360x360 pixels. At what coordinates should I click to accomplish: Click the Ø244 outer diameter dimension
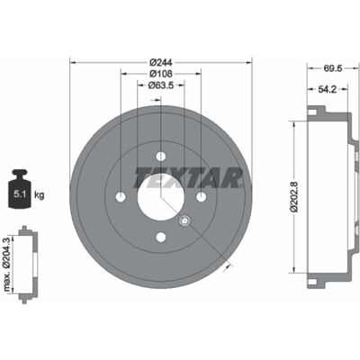[160, 62]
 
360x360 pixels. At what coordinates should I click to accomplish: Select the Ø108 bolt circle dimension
[160, 74]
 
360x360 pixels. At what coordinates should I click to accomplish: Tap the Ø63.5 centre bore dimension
[161, 85]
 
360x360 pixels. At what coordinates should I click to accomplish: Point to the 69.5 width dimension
[333, 68]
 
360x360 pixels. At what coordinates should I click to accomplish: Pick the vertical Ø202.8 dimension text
[294, 197]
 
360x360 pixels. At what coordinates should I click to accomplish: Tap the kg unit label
[39, 195]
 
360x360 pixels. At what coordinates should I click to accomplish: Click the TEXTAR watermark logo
[188, 177]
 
